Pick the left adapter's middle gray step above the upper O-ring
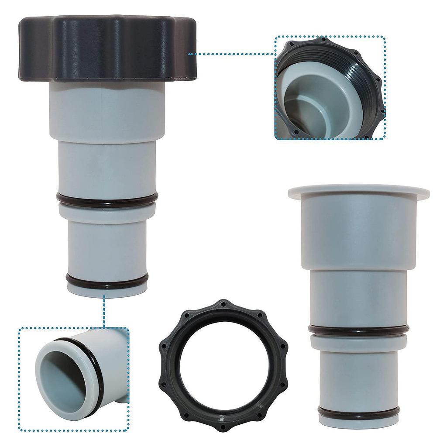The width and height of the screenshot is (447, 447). pyautogui.click(x=107, y=168)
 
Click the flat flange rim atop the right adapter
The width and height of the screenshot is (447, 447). pyautogui.click(x=358, y=190)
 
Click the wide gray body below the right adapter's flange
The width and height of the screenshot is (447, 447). pyautogui.click(x=358, y=231)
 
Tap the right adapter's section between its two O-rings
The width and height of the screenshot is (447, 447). pyautogui.click(x=358, y=371)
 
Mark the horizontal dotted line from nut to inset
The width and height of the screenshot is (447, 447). pyautogui.click(x=231, y=54)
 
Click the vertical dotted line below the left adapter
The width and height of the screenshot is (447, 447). pyautogui.click(x=104, y=312)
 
